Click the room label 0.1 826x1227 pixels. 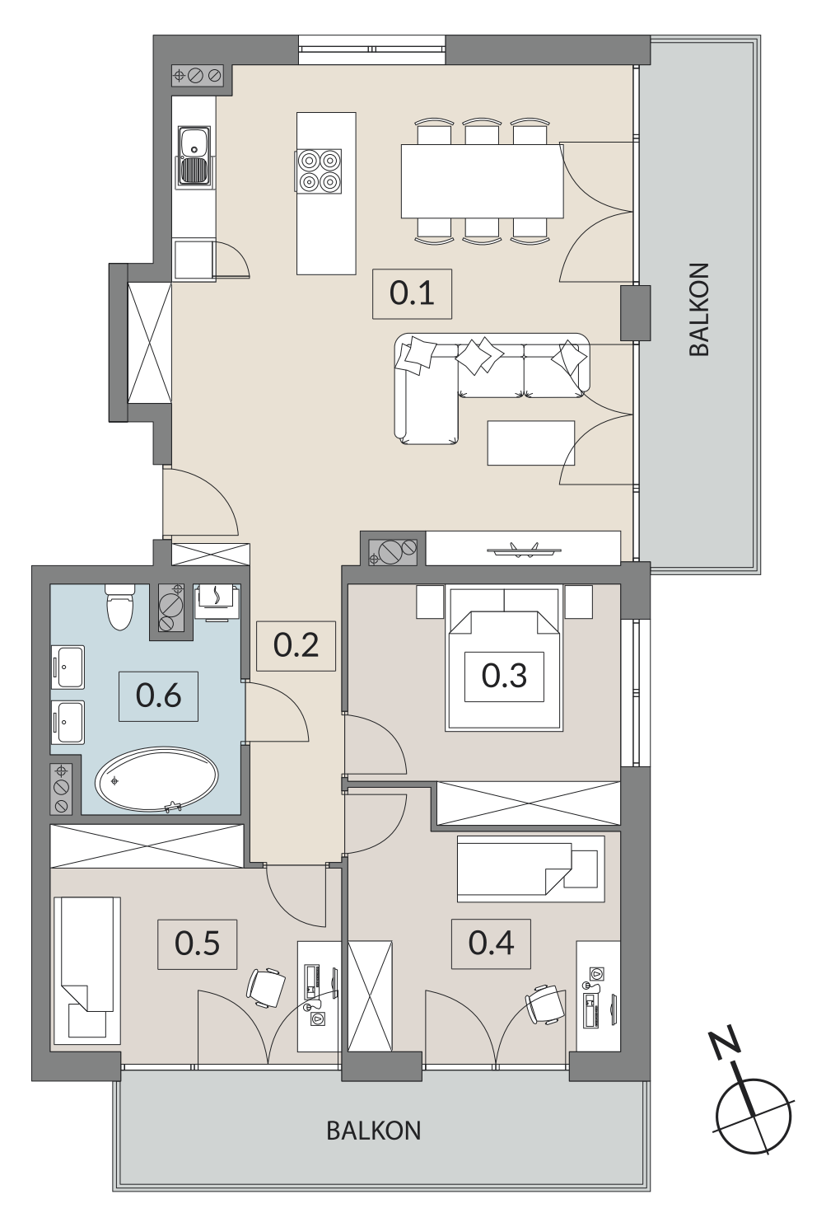pos(412,293)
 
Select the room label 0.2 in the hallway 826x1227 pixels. pos(296,646)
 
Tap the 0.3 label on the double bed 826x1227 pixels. pos(504,677)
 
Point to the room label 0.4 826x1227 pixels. pos(491,944)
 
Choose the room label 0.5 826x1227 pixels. pos(197,944)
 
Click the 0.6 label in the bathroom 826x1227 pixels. pos(158,696)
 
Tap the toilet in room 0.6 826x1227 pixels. pos(120,607)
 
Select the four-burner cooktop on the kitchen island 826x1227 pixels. pos(319,171)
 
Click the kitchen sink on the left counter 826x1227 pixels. pos(194,156)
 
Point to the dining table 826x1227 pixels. pos(483,180)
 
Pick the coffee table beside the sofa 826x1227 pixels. pos(531,443)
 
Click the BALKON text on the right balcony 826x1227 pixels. pos(699,310)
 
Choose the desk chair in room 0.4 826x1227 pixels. pos(545,1004)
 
